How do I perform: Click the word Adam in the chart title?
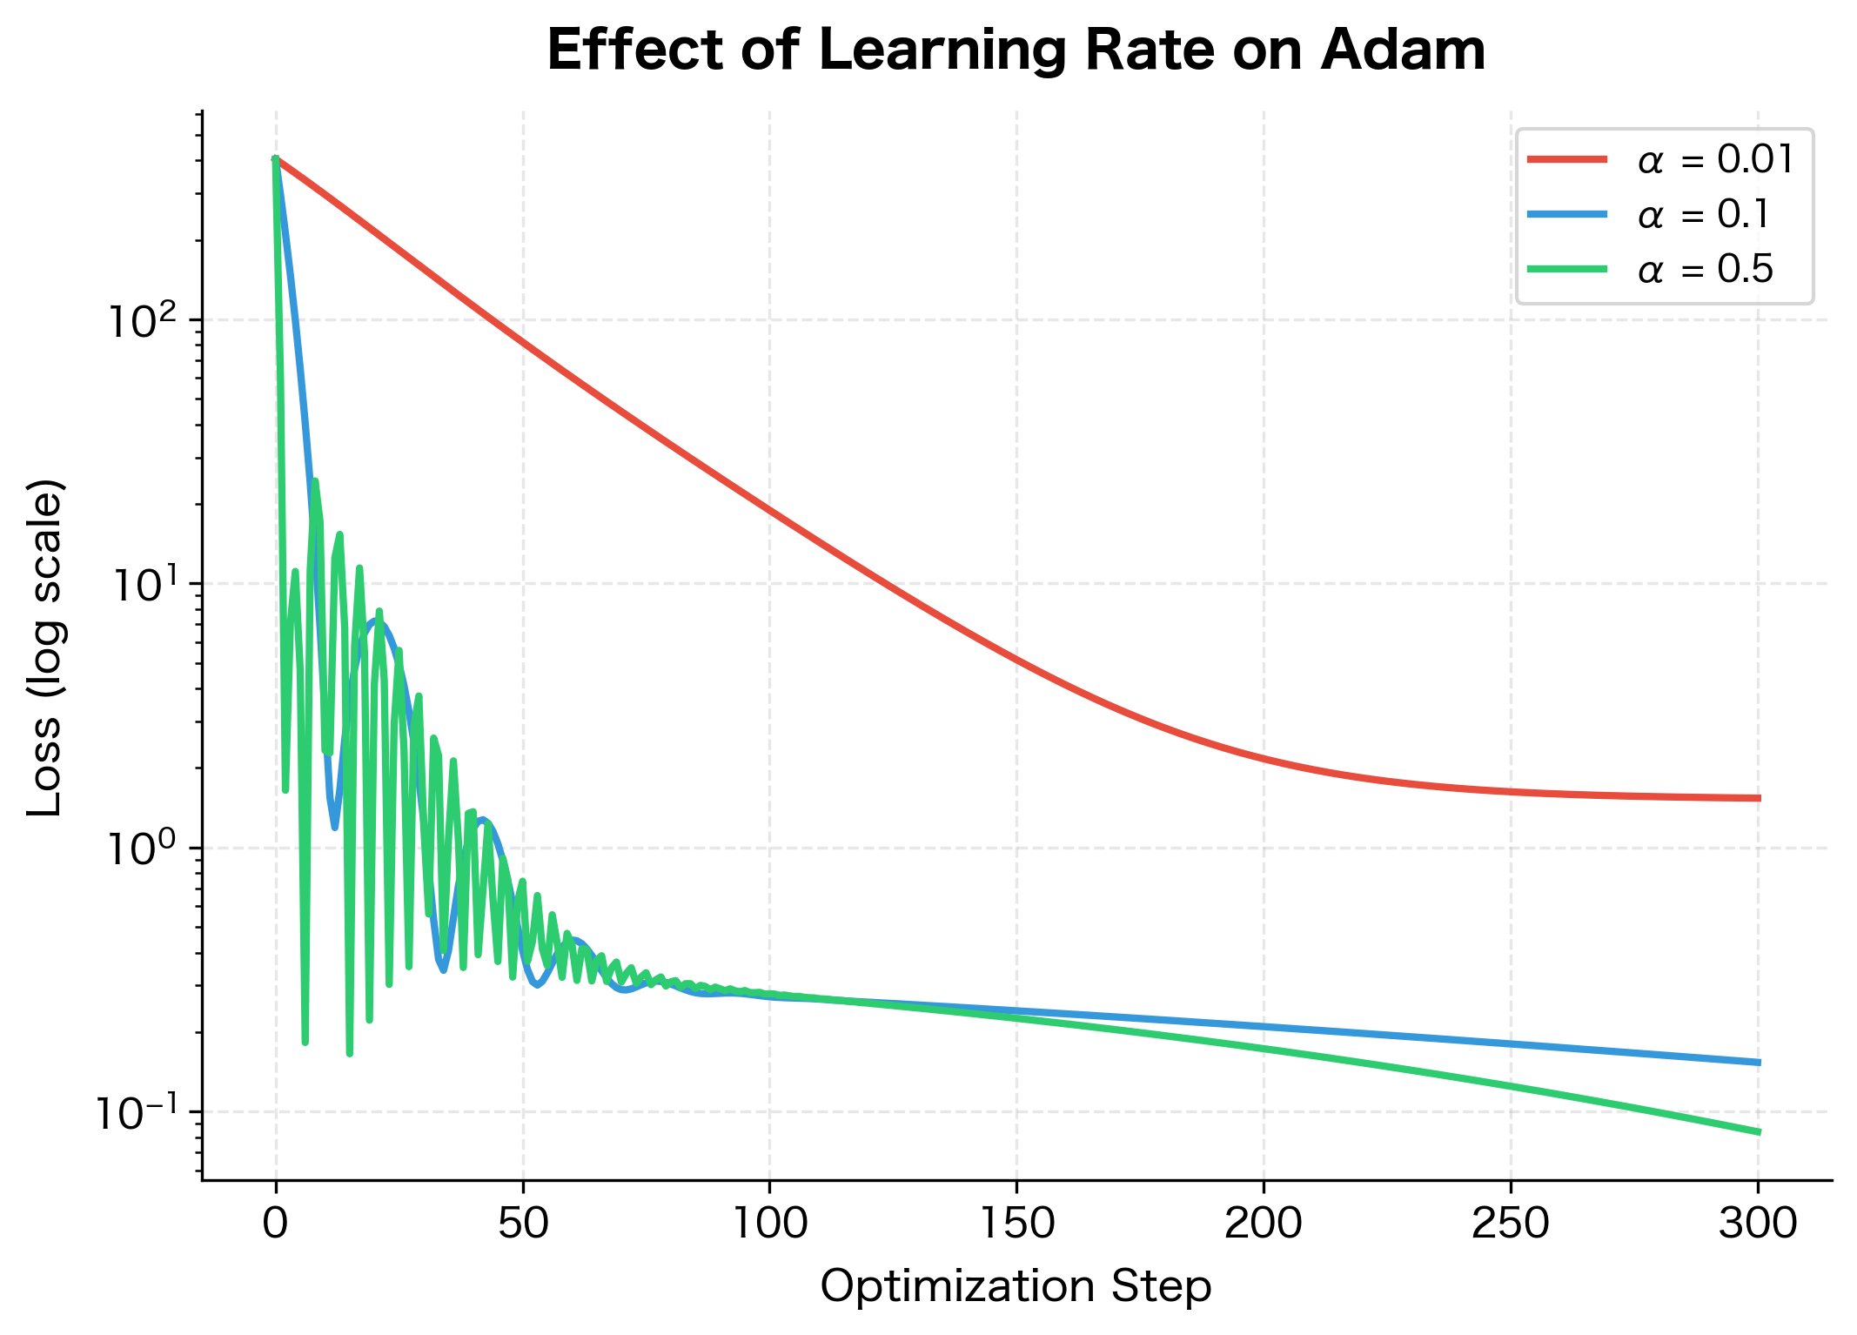[x=1402, y=50]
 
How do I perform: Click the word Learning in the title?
[x=942, y=50]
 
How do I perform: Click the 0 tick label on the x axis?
[x=276, y=1224]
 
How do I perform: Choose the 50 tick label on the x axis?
[x=523, y=1224]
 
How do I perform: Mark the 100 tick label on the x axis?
[x=770, y=1224]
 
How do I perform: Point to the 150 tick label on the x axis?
[x=1017, y=1224]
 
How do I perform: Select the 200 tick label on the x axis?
[x=1264, y=1224]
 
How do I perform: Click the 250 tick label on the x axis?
[x=1511, y=1224]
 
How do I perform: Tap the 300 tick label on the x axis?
[x=1758, y=1224]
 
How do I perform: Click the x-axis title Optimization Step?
[x=1016, y=1286]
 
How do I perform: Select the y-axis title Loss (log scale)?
[x=45, y=647]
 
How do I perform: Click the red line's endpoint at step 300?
[x=1758, y=798]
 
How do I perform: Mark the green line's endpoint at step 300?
[x=1758, y=1132]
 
